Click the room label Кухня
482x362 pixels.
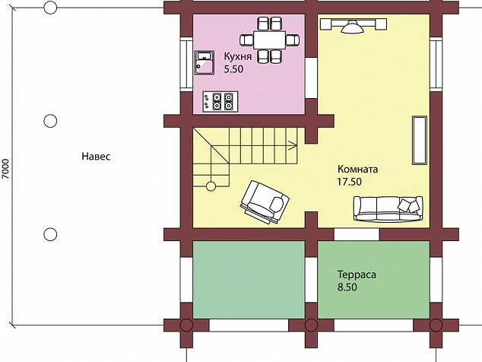click(238, 57)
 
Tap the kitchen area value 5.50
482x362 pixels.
click(233, 69)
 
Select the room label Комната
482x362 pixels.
click(358, 169)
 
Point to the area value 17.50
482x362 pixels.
click(350, 182)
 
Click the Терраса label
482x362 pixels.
click(357, 275)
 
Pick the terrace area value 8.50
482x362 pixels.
click(347, 287)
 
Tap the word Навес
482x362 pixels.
click(96, 157)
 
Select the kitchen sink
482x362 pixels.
click(205, 63)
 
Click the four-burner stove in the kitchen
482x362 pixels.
click(220, 101)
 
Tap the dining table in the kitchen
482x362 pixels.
click(270, 40)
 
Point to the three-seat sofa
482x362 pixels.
click(388, 209)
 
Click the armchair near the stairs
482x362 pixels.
click(265, 203)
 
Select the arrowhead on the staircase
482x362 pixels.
click(293, 146)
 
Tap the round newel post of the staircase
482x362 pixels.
click(211, 186)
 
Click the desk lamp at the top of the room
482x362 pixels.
click(352, 27)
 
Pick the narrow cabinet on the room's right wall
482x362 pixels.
click(420, 140)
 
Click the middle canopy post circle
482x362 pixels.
click(50, 121)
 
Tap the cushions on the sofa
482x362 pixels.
click(408, 205)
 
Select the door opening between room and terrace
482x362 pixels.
click(357, 234)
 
